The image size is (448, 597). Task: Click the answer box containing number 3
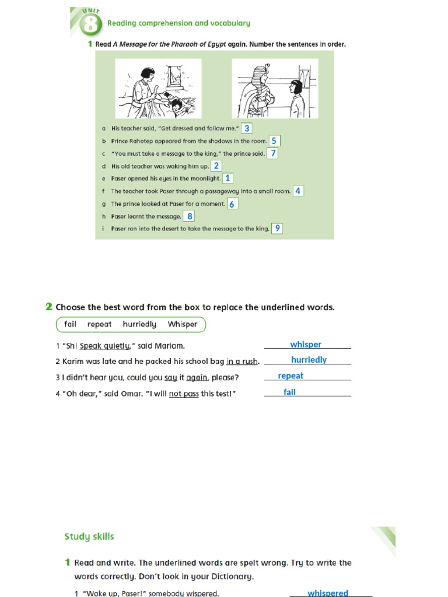pyautogui.click(x=247, y=128)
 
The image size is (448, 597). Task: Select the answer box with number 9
pyautogui.click(x=277, y=229)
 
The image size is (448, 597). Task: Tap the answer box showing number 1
pyautogui.click(x=228, y=178)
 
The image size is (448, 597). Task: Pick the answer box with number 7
pyautogui.click(x=272, y=153)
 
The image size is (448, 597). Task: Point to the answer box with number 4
pyautogui.click(x=298, y=191)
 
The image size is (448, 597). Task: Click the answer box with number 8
pyautogui.click(x=189, y=216)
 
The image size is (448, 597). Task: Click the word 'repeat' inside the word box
pyautogui.click(x=99, y=324)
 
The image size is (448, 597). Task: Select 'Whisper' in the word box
pyautogui.click(x=183, y=324)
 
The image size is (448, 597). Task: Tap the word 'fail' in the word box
pyautogui.click(x=70, y=324)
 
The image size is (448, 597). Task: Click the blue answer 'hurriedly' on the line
pyautogui.click(x=309, y=360)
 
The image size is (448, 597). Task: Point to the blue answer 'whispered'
pyautogui.click(x=327, y=593)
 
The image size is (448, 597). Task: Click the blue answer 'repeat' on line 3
pyautogui.click(x=290, y=376)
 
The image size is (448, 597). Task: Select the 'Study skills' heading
pyautogui.click(x=89, y=536)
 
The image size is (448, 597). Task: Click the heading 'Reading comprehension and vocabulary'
pyautogui.click(x=178, y=23)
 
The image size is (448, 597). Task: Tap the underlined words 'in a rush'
pyautogui.click(x=242, y=361)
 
